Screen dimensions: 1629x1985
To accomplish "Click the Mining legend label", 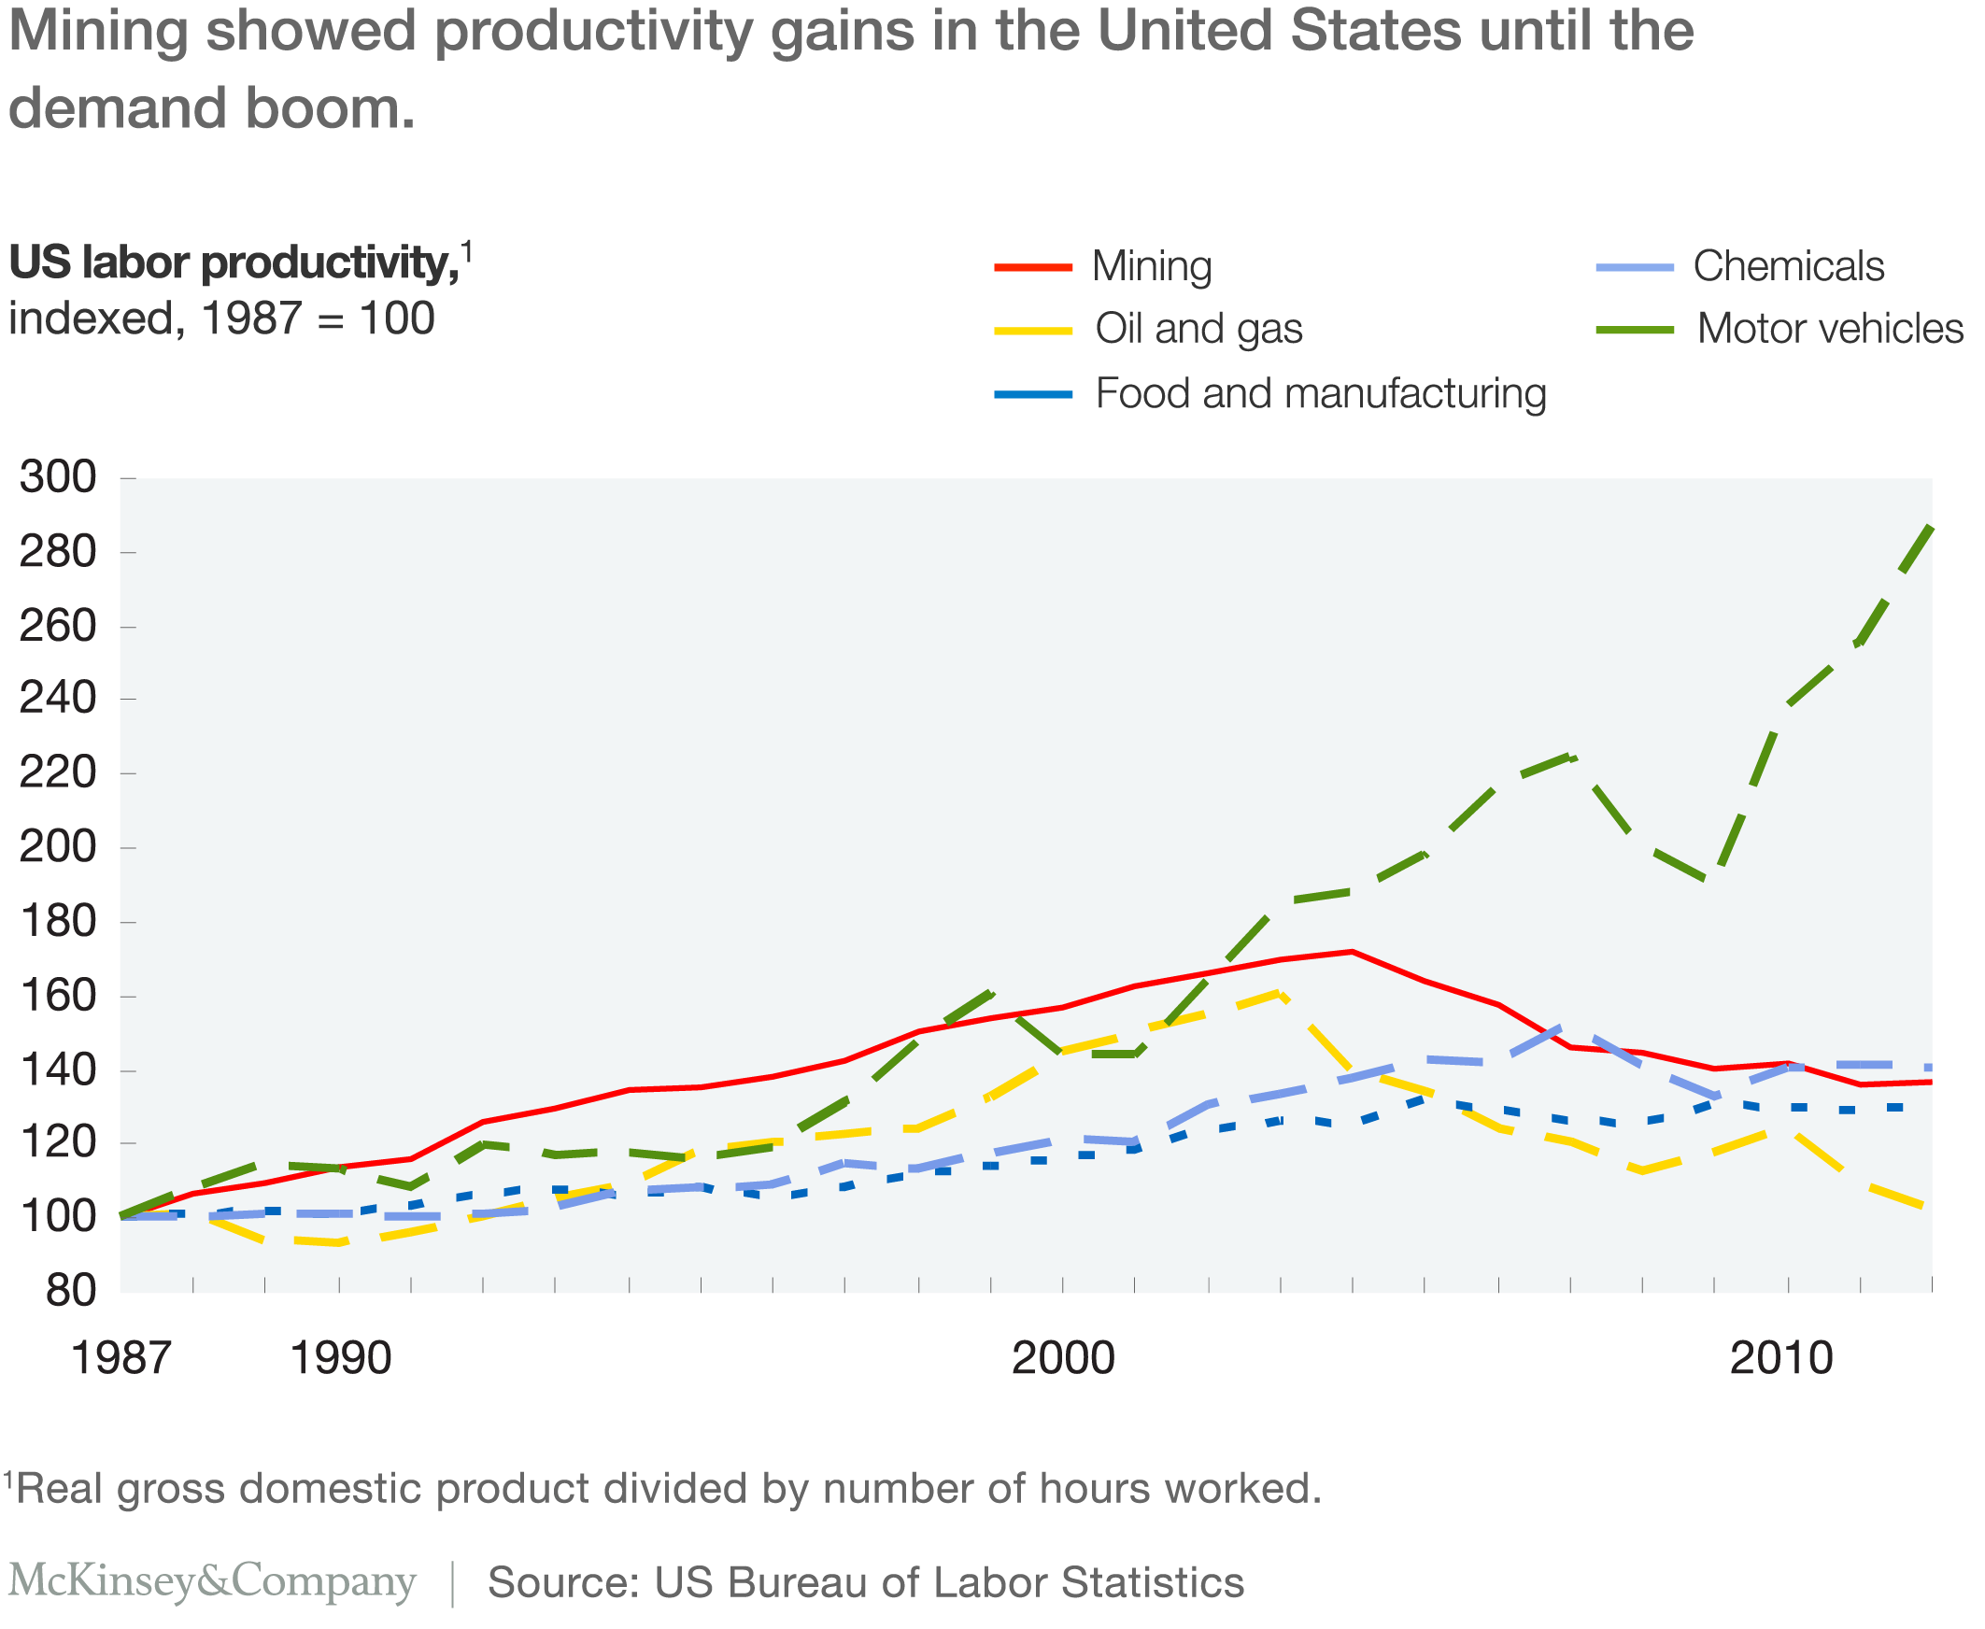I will tap(1152, 266).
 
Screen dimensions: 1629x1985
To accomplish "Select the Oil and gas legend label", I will tap(1198, 330).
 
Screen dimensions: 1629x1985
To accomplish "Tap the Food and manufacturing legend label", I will tap(1321, 393).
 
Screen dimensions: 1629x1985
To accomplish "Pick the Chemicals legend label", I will tap(1788, 266).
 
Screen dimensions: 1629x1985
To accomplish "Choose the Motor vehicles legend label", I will tap(1829, 330).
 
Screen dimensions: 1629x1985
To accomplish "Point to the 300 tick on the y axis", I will tap(58, 477).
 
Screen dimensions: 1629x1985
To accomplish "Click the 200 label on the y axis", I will tap(58, 847).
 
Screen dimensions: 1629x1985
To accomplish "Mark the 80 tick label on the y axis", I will tap(71, 1291).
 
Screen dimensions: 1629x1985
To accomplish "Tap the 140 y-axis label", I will tap(58, 1069).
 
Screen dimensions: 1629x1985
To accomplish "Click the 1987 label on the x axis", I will tap(121, 1358).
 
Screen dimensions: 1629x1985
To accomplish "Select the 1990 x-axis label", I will tap(341, 1358).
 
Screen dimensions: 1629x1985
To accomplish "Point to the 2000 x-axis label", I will tap(1062, 1358).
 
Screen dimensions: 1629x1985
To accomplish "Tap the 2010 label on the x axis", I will tap(1780, 1358).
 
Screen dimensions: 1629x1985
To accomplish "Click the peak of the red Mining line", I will tap(1352, 952).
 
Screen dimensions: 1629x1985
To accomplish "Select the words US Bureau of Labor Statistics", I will tap(949, 1582).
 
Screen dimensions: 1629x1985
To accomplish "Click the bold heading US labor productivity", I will tap(234, 262).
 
